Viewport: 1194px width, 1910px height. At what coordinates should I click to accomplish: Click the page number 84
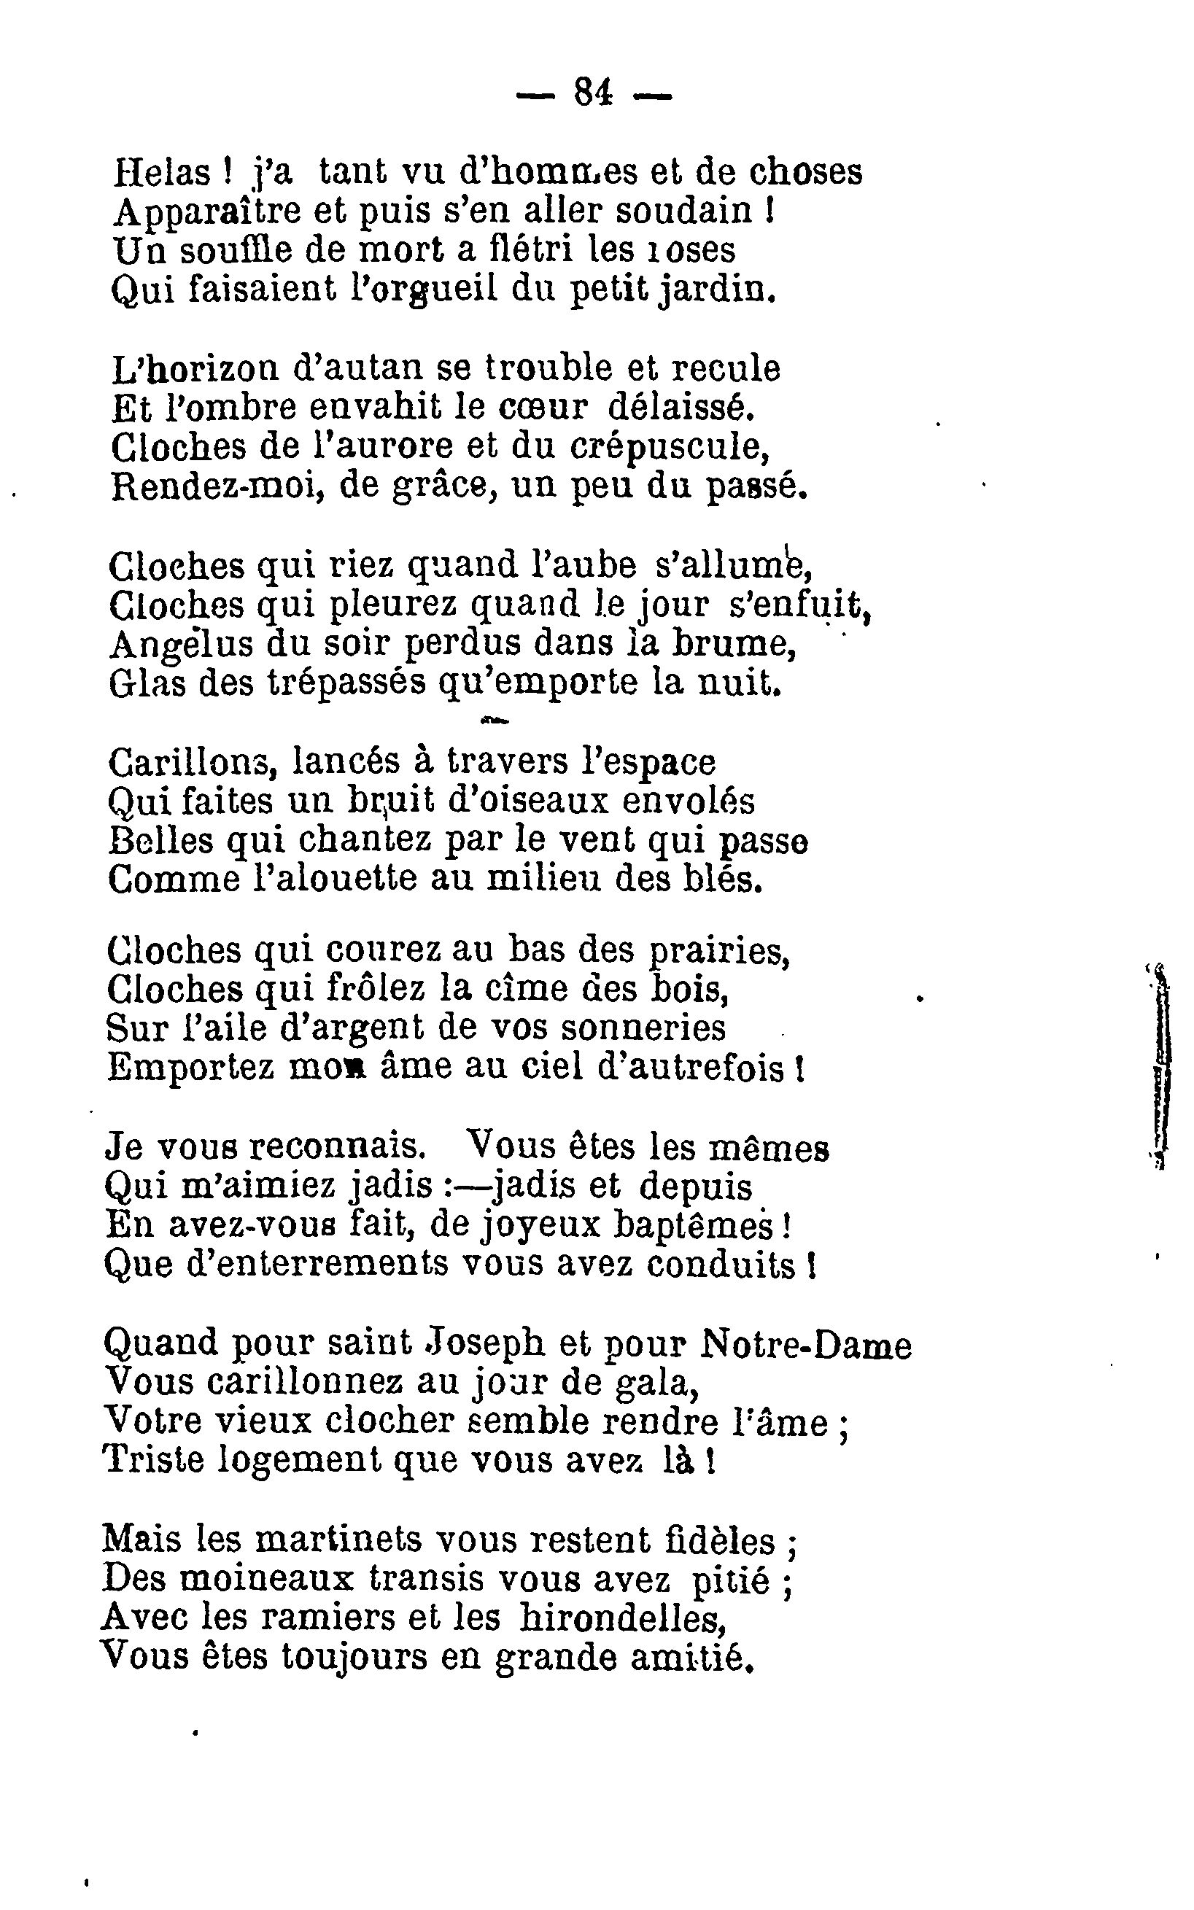click(593, 93)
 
